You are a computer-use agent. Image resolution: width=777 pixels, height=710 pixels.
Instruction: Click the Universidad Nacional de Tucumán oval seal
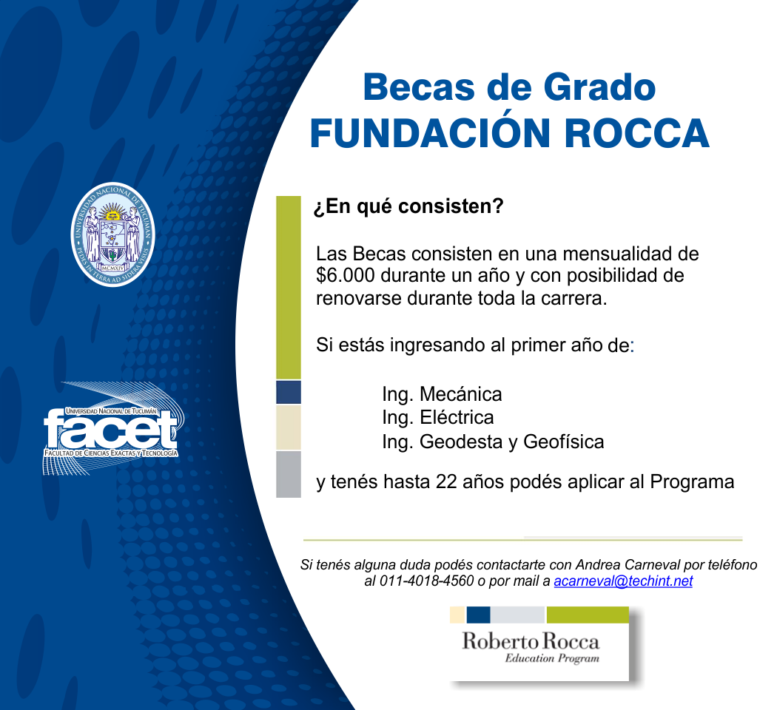click(x=112, y=234)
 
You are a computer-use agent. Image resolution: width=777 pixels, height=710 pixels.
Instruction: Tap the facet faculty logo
click(x=113, y=429)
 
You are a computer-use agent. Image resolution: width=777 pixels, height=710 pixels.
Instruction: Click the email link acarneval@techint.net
click(x=623, y=581)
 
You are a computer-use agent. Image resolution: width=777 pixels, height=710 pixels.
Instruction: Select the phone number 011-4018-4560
click(x=426, y=581)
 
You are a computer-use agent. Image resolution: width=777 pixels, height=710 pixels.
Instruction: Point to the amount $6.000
click(x=346, y=275)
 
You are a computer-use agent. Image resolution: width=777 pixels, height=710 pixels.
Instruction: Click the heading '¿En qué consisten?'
click(x=408, y=206)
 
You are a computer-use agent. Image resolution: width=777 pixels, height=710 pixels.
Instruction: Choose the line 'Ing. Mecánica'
click(x=442, y=395)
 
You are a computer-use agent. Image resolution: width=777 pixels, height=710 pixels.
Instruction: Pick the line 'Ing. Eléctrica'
click(x=437, y=417)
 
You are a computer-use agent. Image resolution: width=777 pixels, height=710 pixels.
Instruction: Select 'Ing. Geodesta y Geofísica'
click(x=493, y=442)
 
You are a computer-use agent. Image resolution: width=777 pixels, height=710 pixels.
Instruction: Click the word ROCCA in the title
click(x=636, y=133)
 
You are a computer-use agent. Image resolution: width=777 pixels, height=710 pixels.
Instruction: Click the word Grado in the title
click(x=599, y=87)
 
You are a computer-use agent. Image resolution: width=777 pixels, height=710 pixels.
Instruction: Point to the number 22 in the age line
click(x=446, y=481)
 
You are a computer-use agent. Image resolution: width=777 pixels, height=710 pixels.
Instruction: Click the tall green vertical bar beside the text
click(x=289, y=288)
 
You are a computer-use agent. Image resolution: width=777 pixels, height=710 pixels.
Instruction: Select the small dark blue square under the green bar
click(x=289, y=393)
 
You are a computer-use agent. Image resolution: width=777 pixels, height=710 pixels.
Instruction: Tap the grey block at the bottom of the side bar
click(x=289, y=474)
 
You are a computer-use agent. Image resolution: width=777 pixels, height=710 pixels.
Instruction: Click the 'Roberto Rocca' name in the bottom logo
click(x=531, y=641)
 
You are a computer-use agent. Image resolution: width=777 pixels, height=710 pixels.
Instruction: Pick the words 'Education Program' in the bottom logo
click(x=552, y=658)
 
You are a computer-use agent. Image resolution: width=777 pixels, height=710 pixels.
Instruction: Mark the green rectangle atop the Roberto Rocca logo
click(x=588, y=615)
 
